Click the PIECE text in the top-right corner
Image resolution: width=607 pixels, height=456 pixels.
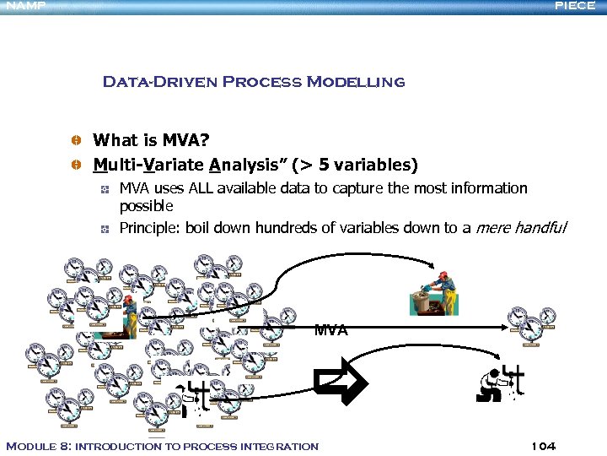[575, 6]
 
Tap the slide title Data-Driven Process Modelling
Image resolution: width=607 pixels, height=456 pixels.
[253, 82]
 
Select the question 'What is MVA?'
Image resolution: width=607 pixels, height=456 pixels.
[151, 139]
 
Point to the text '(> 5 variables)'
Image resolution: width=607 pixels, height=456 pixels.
[355, 164]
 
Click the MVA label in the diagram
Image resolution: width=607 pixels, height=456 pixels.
[330, 330]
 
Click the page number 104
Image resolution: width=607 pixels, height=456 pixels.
[544, 446]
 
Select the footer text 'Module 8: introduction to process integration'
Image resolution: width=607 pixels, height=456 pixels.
[162, 446]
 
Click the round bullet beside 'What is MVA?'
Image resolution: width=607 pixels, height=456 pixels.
[76, 139]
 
